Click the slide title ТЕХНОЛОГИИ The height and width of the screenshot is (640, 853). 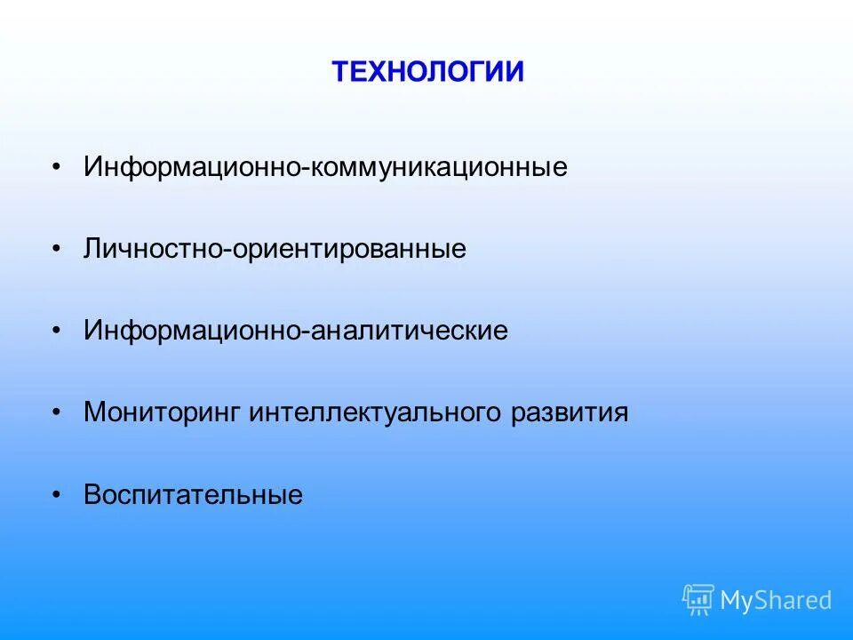427,71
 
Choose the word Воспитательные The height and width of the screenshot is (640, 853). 194,495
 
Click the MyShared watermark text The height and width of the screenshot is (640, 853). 776,601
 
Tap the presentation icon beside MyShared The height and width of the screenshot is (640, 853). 698,600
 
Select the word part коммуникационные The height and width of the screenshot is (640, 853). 438,168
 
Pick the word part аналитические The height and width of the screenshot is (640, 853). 409,332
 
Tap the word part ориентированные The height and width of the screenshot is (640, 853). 349,250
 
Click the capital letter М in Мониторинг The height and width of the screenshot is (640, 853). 94,413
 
